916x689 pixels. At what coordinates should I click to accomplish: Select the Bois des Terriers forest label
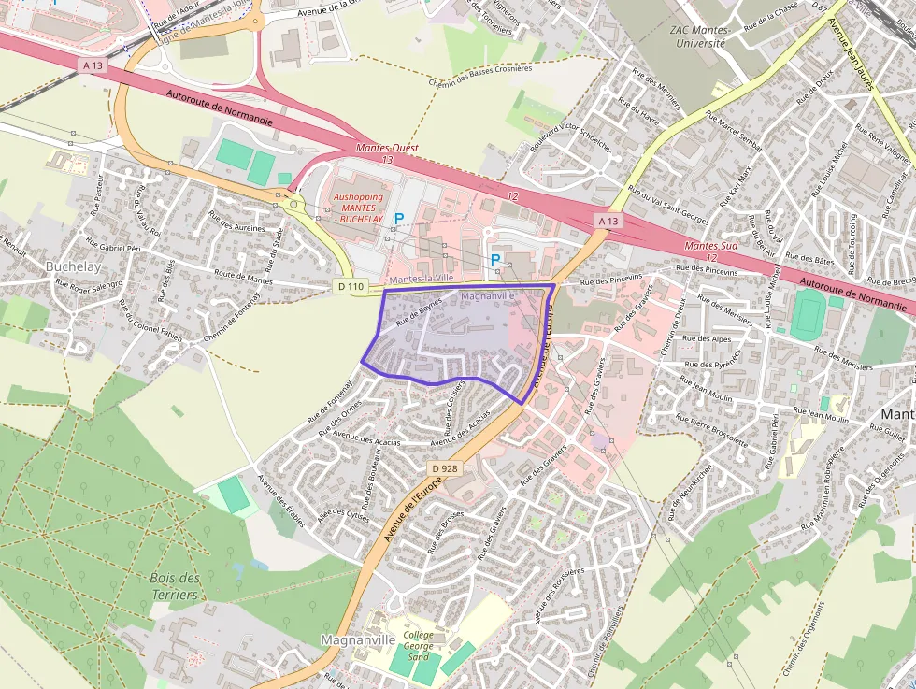(175, 586)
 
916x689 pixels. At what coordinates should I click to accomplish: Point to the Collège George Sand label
(418, 645)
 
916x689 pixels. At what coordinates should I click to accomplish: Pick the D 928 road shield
(444, 467)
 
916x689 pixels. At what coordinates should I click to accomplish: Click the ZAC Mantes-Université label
(697, 36)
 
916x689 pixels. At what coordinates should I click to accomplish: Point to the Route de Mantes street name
(243, 277)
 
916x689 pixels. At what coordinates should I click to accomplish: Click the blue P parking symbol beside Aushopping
(399, 219)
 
